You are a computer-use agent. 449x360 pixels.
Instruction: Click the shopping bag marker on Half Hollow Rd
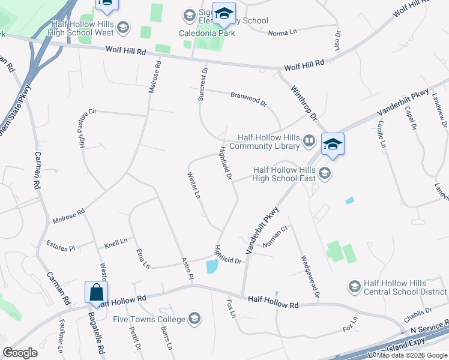tap(97, 293)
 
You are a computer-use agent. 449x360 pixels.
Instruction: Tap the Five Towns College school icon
tap(194, 317)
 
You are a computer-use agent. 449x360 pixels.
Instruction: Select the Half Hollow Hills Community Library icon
tap(309, 140)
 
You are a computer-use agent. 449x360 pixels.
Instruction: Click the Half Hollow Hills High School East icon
tap(325, 173)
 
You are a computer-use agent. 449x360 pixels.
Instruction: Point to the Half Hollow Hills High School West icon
tap(123, 26)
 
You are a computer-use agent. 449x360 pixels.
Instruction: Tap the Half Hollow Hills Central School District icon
tap(354, 287)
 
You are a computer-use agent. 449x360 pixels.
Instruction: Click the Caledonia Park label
tap(206, 33)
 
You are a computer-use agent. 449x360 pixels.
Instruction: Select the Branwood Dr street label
tap(249, 99)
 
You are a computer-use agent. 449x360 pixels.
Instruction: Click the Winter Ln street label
tap(193, 186)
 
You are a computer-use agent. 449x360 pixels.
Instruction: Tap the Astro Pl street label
tap(187, 269)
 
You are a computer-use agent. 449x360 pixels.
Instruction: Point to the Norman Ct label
tap(276, 236)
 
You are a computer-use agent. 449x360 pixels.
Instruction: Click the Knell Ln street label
tap(116, 243)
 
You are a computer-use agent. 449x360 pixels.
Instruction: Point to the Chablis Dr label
tap(418, 314)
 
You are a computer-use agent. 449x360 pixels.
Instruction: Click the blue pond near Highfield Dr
tap(211, 266)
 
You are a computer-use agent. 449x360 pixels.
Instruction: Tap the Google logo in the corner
tap(20, 353)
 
